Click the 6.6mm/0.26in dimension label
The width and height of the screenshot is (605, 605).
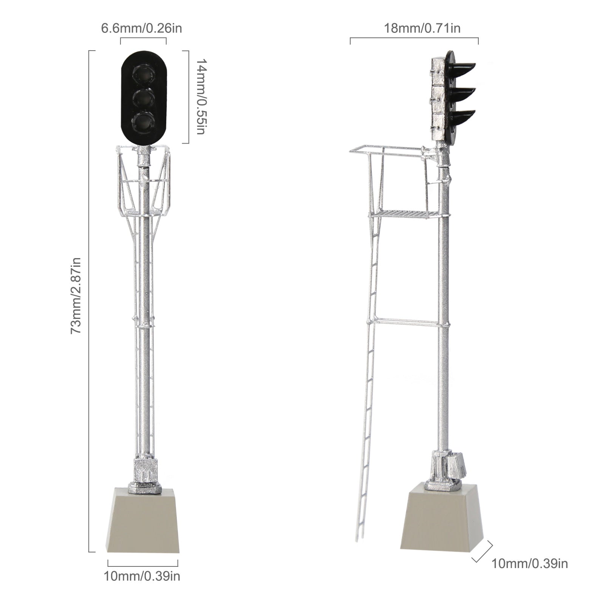pyautogui.click(x=141, y=28)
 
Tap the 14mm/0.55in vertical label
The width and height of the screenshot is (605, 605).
pyautogui.click(x=199, y=97)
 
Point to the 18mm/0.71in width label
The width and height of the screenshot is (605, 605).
pyautogui.click(x=422, y=28)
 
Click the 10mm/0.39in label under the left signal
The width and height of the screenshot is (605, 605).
pyautogui.click(x=142, y=586)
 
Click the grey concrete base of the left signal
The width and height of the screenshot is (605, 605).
pyautogui.click(x=143, y=522)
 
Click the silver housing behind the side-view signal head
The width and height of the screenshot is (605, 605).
pyautogui.click(x=438, y=100)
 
